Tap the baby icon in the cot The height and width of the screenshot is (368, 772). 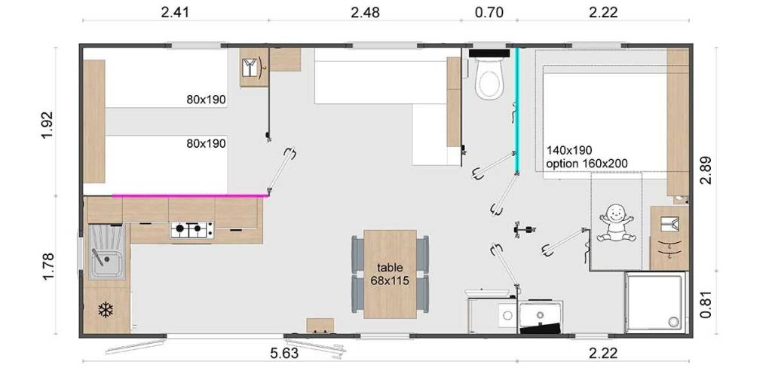point(615,224)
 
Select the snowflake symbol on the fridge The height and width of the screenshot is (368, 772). point(106,309)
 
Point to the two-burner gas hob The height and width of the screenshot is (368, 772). point(192,229)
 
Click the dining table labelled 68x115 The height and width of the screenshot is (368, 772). point(390,274)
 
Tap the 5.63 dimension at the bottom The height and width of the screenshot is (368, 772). point(284,353)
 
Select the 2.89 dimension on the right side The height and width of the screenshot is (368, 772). point(706,169)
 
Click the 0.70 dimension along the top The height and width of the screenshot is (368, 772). point(489,12)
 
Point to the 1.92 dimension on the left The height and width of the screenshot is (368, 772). point(47,125)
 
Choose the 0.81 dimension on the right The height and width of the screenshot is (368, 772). point(706,306)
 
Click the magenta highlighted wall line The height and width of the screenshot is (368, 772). point(191,195)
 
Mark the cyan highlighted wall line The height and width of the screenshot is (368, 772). point(517,111)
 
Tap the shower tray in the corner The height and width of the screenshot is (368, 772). point(655,302)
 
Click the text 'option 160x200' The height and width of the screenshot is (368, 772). point(587,164)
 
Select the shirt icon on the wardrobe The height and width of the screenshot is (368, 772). point(252,66)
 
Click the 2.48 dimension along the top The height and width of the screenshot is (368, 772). point(366,12)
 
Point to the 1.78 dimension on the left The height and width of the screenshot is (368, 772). point(47,267)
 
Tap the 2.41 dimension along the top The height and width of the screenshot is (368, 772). point(175,12)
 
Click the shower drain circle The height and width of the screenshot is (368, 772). point(673,321)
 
